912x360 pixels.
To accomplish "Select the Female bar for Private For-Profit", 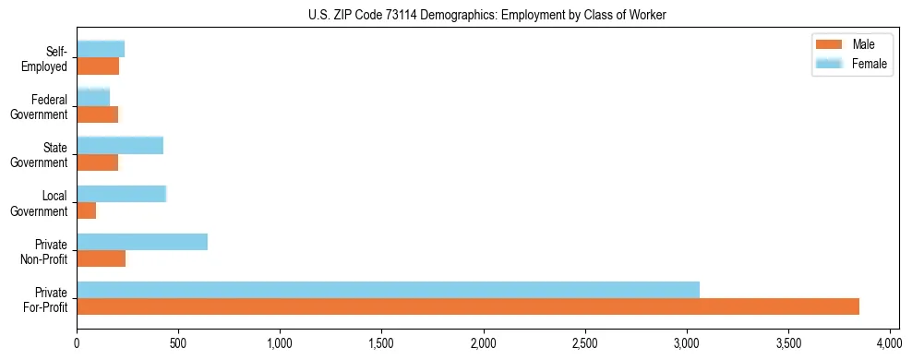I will point(388,289).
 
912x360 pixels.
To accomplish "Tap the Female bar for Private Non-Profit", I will point(142,242).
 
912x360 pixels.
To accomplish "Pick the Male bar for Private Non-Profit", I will point(101,259).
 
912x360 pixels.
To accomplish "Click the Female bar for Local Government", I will point(121,194).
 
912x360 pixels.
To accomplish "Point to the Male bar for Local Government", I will point(86,211).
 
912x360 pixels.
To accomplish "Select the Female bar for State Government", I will point(120,146).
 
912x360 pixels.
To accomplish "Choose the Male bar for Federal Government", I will point(97,114).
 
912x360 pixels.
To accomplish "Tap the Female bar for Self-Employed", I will point(101,49).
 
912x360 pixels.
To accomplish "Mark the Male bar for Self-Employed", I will point(98,66).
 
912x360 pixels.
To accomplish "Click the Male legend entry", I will point(850,44).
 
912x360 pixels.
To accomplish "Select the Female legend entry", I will point(854,64).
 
